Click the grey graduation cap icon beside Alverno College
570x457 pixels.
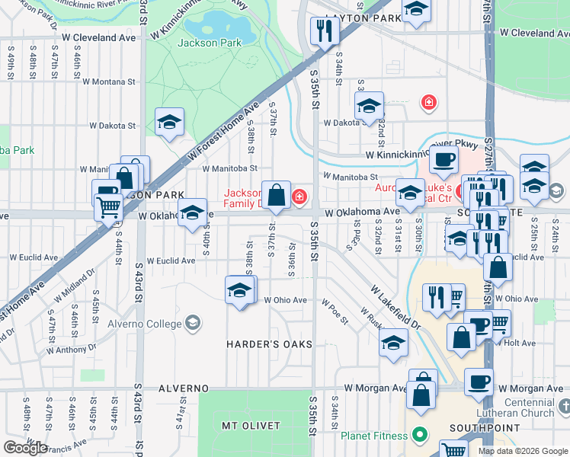[194, 323]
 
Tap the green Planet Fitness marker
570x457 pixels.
[418, 436]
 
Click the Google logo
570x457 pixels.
[25, 447]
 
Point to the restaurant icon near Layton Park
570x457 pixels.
[325, 30]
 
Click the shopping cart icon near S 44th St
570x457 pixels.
[108, 205]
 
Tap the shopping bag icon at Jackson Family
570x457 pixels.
[277, 194]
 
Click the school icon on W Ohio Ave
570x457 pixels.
[240, 290]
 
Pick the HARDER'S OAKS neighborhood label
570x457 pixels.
[269, 344]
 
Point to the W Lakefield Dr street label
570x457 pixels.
[396, 308]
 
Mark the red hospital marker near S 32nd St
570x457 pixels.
[429, 102]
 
